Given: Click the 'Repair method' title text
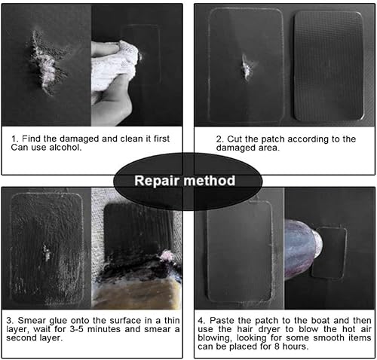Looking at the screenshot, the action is (185, 181).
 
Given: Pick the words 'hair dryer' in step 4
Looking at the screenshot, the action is (253, 329).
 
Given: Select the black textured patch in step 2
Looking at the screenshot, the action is (329, 66).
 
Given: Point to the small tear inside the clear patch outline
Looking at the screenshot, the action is (247, 67).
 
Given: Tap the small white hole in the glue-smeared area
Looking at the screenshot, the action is (47, 252).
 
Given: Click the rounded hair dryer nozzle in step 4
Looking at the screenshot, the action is (300, 252).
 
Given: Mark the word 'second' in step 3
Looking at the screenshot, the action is (21, 338).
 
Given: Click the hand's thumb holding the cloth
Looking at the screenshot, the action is (105, 47).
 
